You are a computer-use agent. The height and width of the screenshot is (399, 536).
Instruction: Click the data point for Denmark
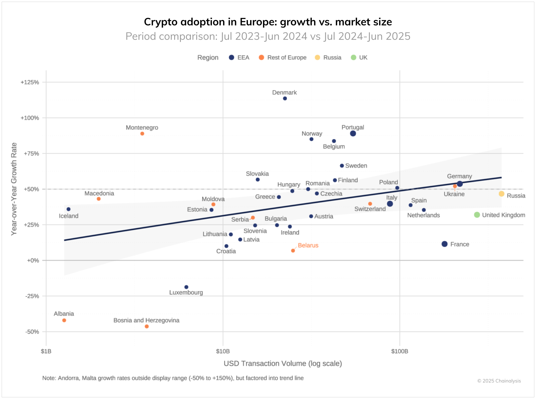(285, 98)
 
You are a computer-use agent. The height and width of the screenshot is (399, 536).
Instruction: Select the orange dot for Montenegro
(142, 134)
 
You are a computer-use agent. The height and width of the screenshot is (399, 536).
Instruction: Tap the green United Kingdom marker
(477, 215)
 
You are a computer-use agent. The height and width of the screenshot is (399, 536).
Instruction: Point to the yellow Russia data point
(501, 194)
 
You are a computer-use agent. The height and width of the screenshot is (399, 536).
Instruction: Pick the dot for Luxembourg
(186, 287)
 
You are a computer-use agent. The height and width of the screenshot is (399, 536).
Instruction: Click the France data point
(444, 244)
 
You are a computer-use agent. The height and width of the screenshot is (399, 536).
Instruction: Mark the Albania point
(64, 320)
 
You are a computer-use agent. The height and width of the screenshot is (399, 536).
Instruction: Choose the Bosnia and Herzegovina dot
(147, 327)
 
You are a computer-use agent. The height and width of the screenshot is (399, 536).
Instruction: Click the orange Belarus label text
(308, 245)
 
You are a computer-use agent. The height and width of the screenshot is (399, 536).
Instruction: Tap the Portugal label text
(353, 128)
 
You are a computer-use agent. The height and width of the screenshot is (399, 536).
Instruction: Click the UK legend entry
(359, 58)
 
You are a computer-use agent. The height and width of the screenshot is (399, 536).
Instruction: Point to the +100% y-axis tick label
(30, 118)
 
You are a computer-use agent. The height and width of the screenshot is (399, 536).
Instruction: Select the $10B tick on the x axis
(223, 351)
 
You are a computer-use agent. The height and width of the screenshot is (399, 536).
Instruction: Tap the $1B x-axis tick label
(46, 351)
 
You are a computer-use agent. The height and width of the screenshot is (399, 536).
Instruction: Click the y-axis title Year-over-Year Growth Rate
(14, 189)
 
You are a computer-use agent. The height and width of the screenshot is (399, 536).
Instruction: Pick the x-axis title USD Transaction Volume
(283, 363)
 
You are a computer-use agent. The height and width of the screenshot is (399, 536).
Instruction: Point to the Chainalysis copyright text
(499, 381)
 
